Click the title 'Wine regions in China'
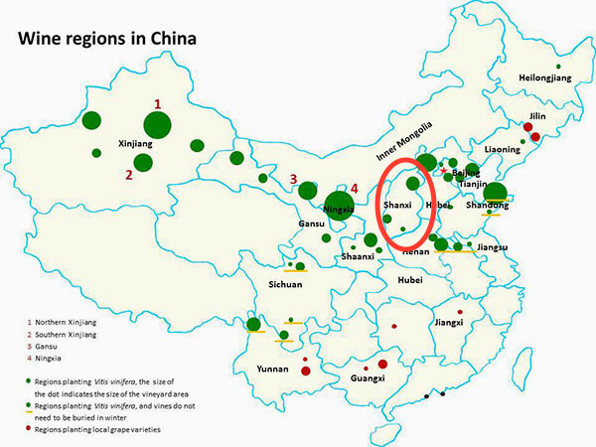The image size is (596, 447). coord(103,40)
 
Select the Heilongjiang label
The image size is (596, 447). coord(546,78)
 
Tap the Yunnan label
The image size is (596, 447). coord(271,369)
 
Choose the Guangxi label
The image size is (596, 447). coord(369,378)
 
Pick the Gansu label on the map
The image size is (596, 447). coord(311,224)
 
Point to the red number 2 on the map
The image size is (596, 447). coord(128,175)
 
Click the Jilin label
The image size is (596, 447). coord(537,116)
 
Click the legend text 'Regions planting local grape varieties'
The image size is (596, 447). coord(97,428)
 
